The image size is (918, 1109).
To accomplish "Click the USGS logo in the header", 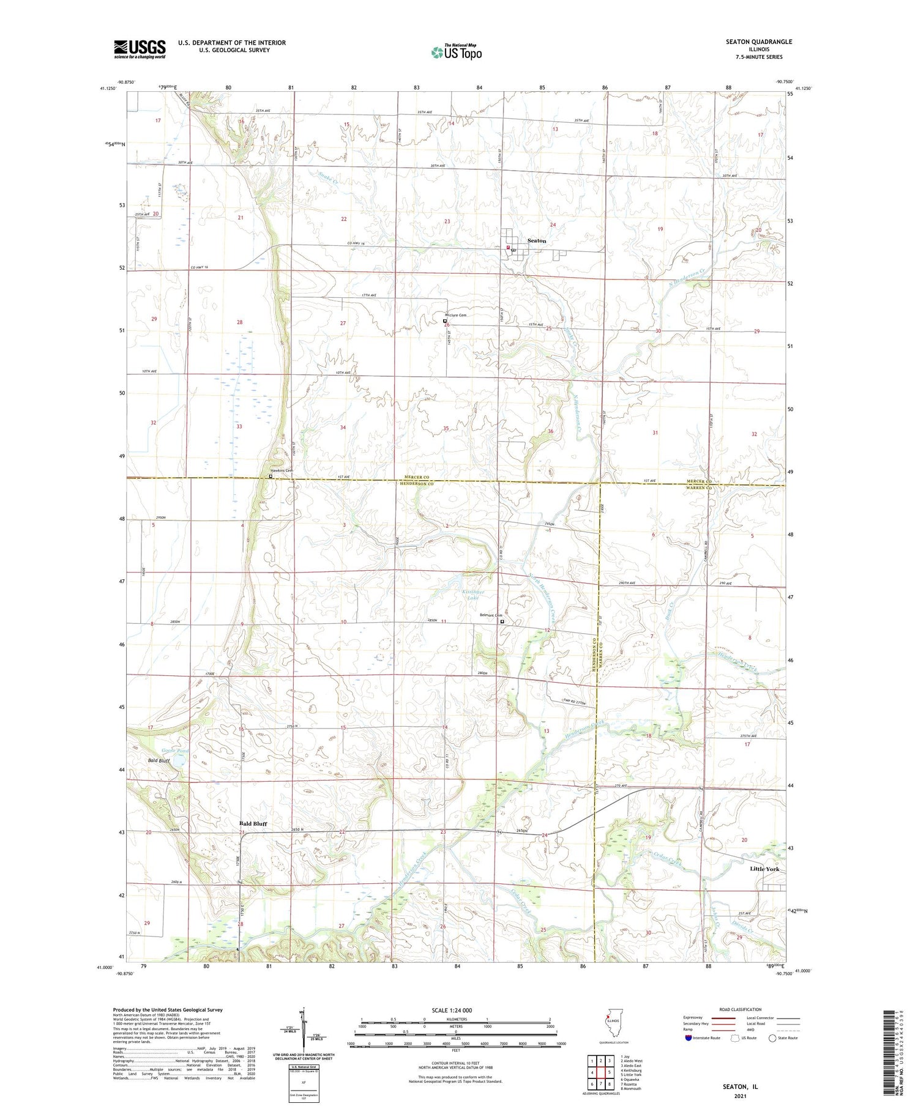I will click(x=140, y=49).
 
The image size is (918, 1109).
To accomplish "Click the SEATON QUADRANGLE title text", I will click(x=761, y=42).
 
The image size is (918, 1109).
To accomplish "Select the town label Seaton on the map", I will click(x=536, y=241).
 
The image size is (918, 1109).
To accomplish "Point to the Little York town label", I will click(x=765, y=869).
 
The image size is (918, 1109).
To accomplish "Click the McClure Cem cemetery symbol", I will click(x=445, y=321).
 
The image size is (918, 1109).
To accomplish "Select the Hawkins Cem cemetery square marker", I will click(x=271, y=476).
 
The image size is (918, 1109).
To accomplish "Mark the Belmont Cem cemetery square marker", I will click(x=502, y=621).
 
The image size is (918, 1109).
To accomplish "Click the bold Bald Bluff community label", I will click(x=253, y=823).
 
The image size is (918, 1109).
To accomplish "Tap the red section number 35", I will click(x=446, y=429).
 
